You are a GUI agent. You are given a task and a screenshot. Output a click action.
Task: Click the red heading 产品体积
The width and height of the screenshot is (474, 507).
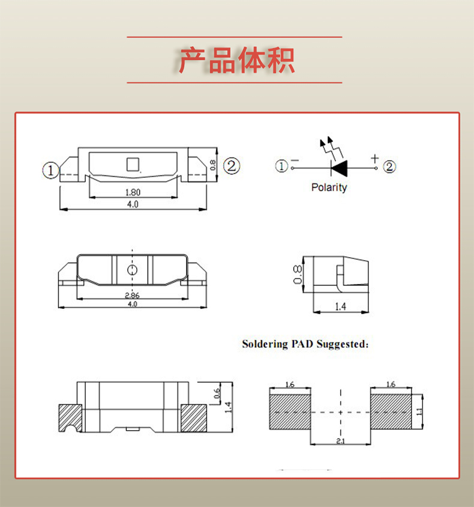pyautogui.click(x=236, y=60)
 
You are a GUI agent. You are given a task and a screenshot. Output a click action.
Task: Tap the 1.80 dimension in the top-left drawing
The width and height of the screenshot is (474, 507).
pyautogui.click(x=133, y=192)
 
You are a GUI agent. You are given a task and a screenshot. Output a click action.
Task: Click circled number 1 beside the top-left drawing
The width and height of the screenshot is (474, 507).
pyautogui.click(x=51, y=171)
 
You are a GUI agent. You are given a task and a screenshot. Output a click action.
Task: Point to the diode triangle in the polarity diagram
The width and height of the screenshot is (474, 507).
pyautogui.click(x=339, y=167)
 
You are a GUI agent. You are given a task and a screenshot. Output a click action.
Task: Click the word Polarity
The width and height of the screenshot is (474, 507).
pyautogui.click(x=329, y=187)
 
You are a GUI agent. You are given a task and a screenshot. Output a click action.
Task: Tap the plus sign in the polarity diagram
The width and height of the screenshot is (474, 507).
pyautogui.click(x=375, y=159)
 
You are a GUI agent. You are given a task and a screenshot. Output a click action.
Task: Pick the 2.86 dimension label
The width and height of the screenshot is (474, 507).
pyautogui.click(x=133, y=295)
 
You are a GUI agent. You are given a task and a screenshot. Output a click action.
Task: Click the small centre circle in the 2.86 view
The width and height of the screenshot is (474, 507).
pyautogui.click(x=133, y=269)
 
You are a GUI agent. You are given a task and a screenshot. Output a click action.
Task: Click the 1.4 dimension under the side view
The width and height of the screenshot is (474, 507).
pyautogui.click(x=340, y=307)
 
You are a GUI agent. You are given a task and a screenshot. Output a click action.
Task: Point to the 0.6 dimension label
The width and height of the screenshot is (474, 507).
pyautogui.click(x=217, y=394)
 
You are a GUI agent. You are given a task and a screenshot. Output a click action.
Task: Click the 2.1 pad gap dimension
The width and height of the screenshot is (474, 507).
pyautogui.click(x=340, y=442)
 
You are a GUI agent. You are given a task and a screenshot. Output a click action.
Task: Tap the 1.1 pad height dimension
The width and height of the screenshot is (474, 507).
pyautogui.click(x=419, y=411)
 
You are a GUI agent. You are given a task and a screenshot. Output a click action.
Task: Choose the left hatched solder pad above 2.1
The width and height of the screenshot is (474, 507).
pyautogui.click(x=290, y=411)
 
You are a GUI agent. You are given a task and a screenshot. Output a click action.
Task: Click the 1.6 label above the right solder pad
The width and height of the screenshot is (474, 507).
pyautogui.click(x=391, y=384)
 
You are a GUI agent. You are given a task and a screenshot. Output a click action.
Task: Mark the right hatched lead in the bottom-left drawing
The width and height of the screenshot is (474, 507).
pyautogui.click(x=193, y=416)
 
